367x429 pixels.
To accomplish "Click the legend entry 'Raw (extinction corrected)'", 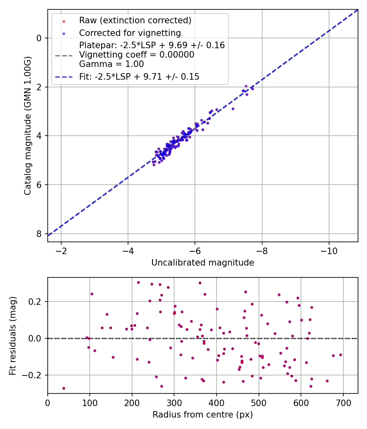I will click(135, 20).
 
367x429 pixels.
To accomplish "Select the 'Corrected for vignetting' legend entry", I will click(130, 33).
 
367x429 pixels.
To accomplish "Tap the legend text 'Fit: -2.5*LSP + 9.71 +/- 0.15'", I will click(139, 76).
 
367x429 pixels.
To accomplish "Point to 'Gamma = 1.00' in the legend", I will click(111, 64).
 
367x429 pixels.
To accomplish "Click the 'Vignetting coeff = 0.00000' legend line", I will click(137, 55).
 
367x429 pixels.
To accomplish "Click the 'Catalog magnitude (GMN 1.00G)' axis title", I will click(27, 126).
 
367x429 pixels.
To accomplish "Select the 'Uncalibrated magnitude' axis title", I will click(203, 263).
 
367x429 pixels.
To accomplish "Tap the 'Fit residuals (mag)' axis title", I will click(13, 335).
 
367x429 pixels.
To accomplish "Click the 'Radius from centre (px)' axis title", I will click(203, 415).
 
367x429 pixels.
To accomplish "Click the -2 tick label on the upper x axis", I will click(62, 250).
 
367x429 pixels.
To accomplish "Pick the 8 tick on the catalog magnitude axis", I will click(39, 234).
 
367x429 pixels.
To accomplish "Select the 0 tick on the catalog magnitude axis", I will click(39, 38).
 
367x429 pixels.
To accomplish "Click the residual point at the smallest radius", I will click(64, 388).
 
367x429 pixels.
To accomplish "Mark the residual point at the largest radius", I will click(340, 355).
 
